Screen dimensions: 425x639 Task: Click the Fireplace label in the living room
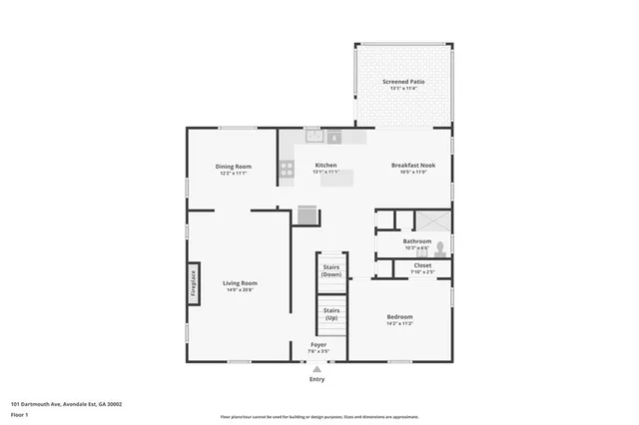pos(195,282)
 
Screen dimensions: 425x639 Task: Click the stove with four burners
pos(287,170)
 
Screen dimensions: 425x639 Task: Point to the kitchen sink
pos(315,136)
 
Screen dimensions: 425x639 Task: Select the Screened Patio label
pos(403,82)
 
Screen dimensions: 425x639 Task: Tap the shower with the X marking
pos(432,221)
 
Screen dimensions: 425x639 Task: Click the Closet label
pos(422,265)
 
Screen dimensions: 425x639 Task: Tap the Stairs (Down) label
pos(331,270)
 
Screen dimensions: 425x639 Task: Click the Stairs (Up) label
pos(331,313)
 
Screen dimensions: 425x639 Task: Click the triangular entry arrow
pos(318,369)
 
